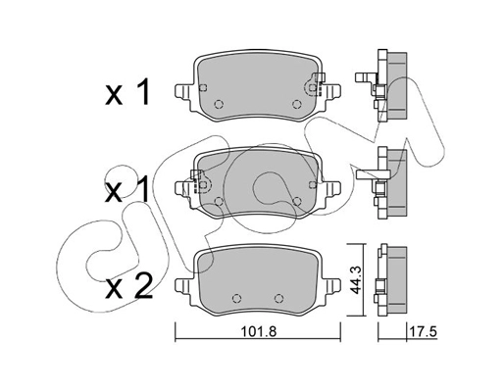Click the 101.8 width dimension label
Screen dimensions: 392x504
tap(256, 331)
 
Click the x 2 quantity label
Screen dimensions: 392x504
tap(127, 288)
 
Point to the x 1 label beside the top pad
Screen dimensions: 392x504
tap(127, 95)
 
